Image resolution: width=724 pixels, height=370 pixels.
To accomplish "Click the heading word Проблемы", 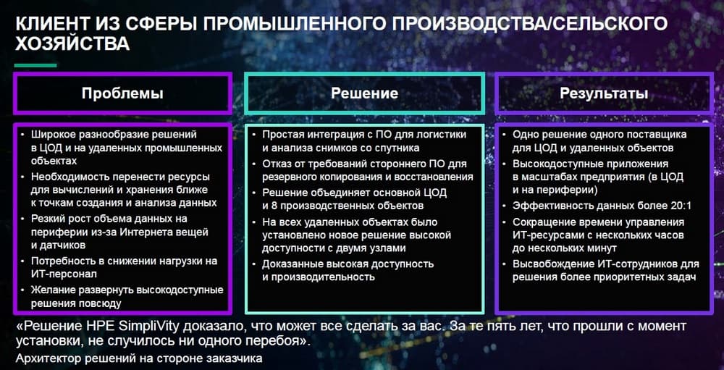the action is click(122, 94).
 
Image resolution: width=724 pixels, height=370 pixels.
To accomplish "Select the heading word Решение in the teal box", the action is click(364, 94).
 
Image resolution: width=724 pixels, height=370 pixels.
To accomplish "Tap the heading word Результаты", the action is click(604, 94).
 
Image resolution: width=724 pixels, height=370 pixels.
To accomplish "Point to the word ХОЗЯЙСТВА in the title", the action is click(72, 44).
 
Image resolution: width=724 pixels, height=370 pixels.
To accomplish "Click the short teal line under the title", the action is click(35, 66).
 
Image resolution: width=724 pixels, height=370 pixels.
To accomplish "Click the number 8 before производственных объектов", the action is click(266, 206).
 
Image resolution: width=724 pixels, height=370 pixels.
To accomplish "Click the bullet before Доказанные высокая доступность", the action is click(254, 264).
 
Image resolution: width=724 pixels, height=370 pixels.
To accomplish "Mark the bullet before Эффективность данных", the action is click(505, 206).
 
